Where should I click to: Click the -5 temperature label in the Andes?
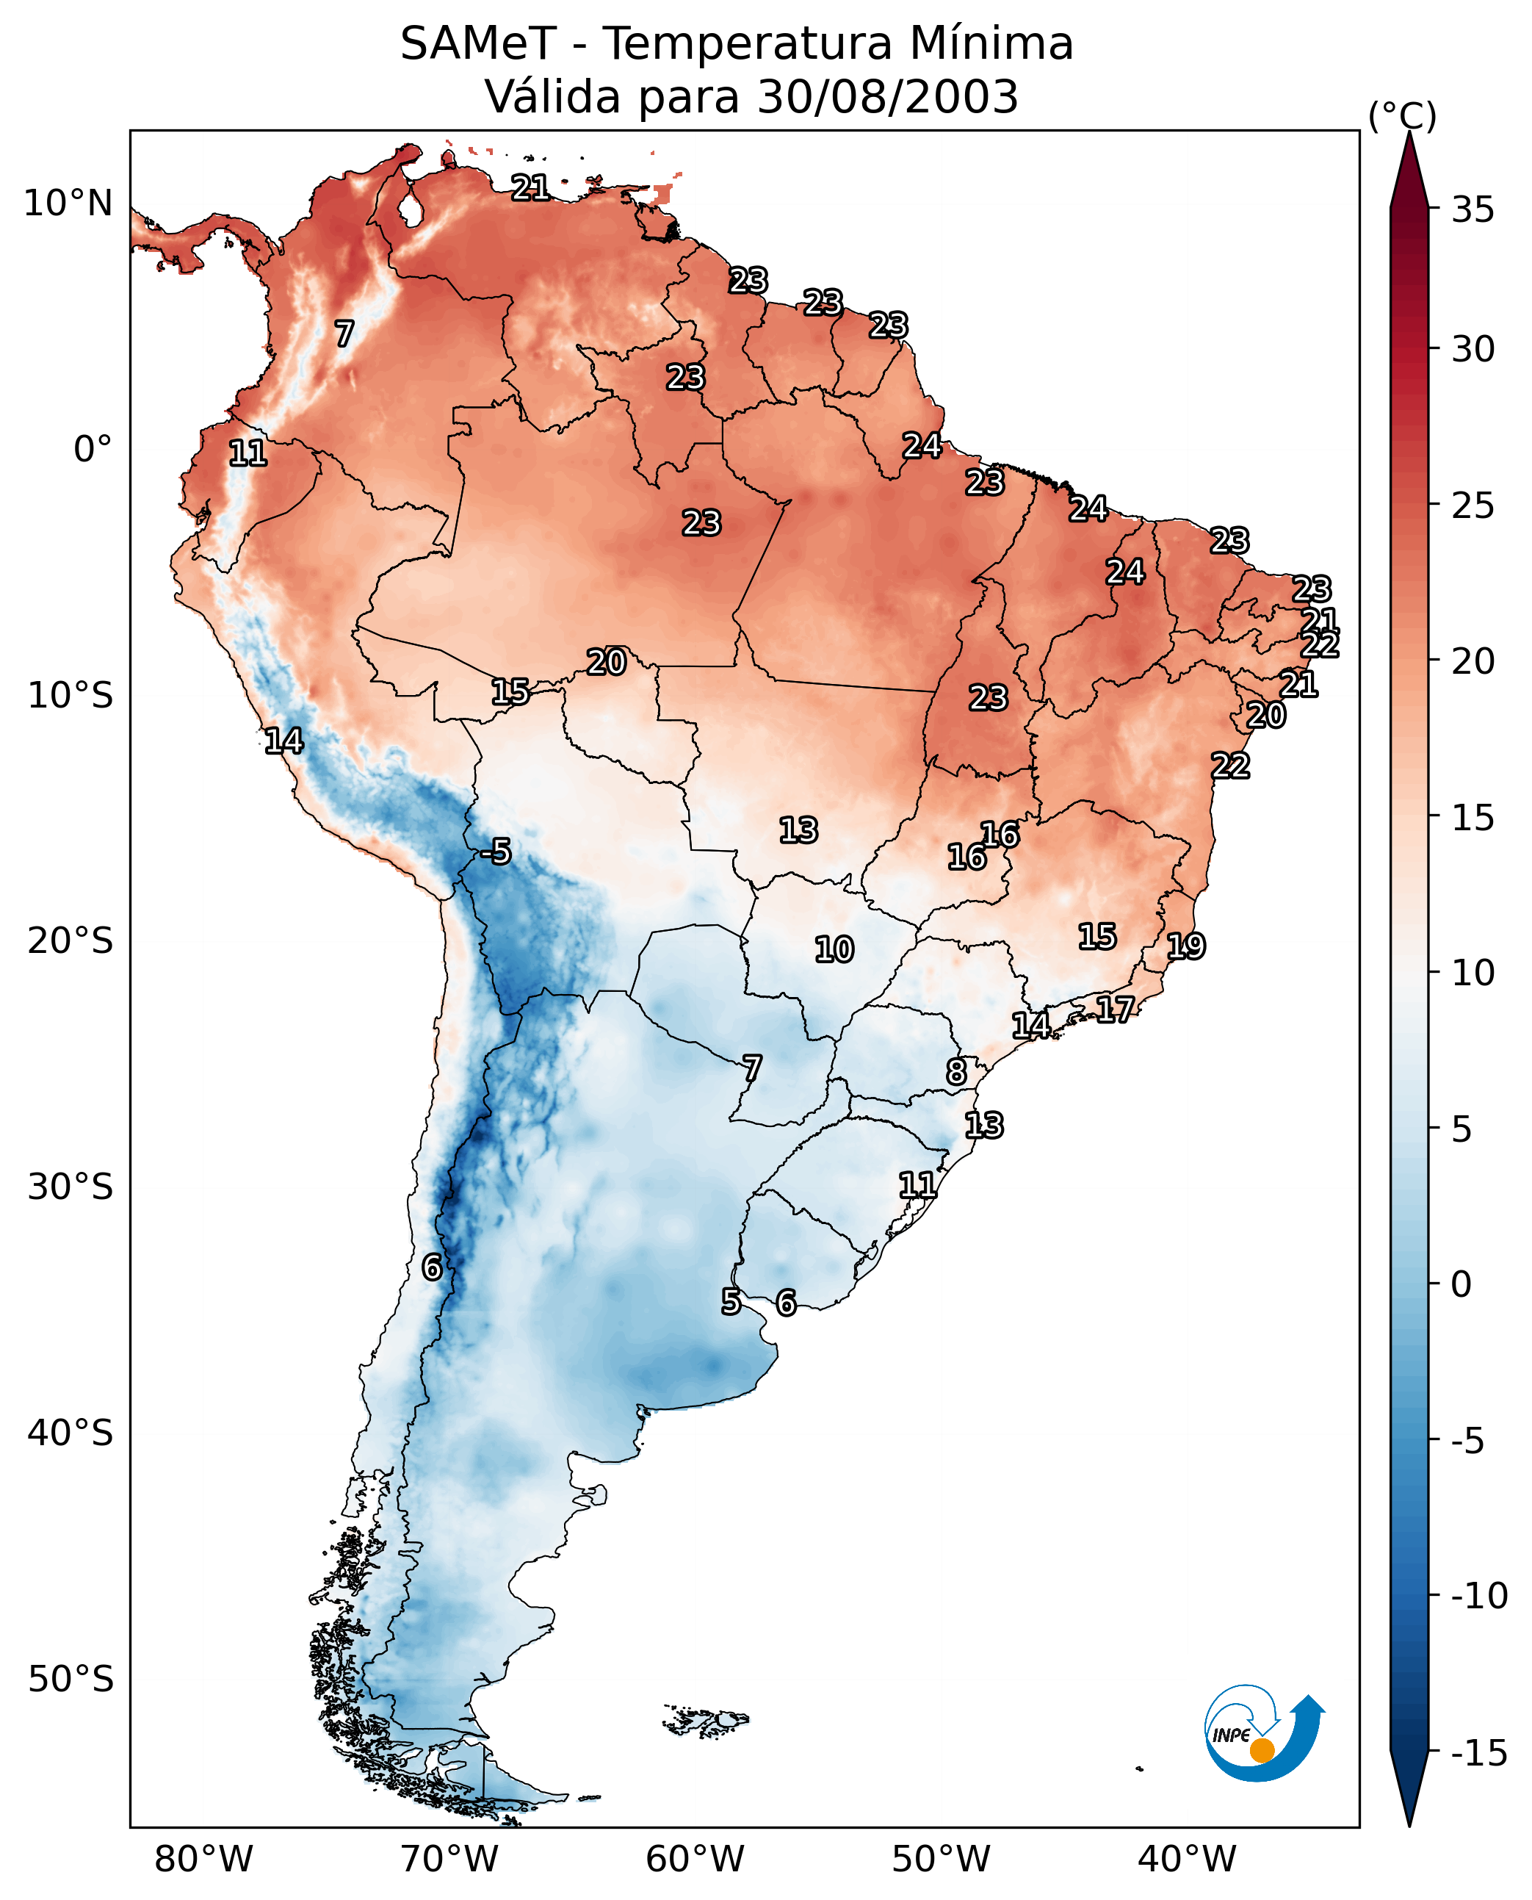pyautogui.click(x=496, y=852)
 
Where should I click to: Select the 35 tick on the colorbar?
pyautogui.click(x=1473, y=210)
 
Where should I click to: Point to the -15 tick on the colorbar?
pyautogui.click(x=1478, y=1752)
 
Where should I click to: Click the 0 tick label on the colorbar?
pyautogui.click(x=1461, y=1284)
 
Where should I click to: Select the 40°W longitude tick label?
pyautogui.click(x=1187, y=1860)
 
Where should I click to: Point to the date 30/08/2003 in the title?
pyautogui.click(x=888, y=97)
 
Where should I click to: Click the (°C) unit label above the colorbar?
pyautogui.click(x=1402, y=117)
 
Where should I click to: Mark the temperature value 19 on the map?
pyautogui.click(x=1186, y=946)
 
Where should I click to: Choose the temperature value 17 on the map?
pyautogui.click(x=1116, y=1010)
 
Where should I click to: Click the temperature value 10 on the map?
pyautogui.click(x=834, y=950)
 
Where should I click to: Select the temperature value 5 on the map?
pyautogui.click(x=731, y=1301)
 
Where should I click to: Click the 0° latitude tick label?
pyautogui.click(x=92, y=450)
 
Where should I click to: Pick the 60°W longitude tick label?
pyautogui.click(x=695, y=1860)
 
